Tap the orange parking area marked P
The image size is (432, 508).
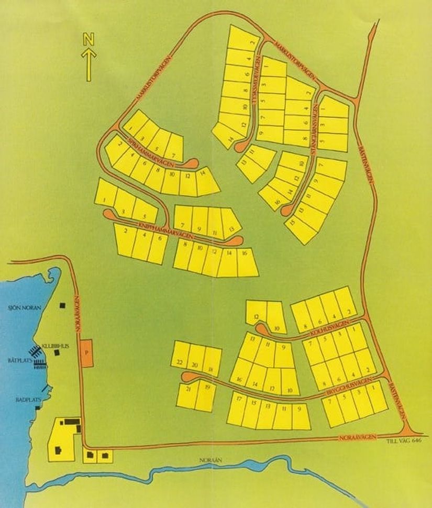coord(87,352)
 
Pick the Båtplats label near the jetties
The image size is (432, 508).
coord(18,360)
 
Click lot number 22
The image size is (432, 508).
coord(179,363)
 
